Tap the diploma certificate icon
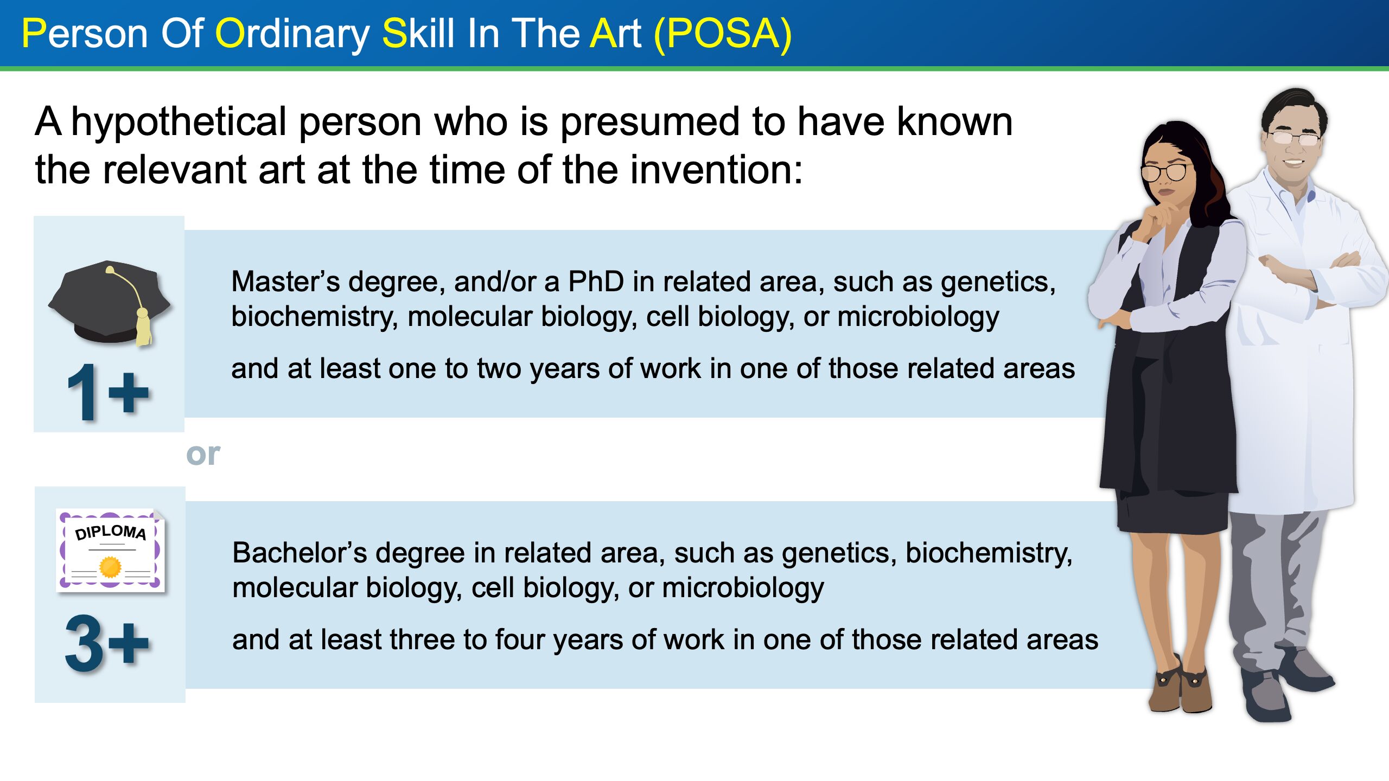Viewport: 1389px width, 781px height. [x=111, y=550]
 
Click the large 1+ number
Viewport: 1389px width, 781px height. [x=107, y=392]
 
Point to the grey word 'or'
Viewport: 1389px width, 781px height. [x=203, y=454]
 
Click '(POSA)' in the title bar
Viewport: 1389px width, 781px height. [x=723, y=34]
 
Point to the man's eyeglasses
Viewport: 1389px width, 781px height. [x=1295, y=138]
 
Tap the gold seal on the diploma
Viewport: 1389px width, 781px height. [x=111, y=567]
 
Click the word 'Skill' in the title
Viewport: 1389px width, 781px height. [x=418, y=34]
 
